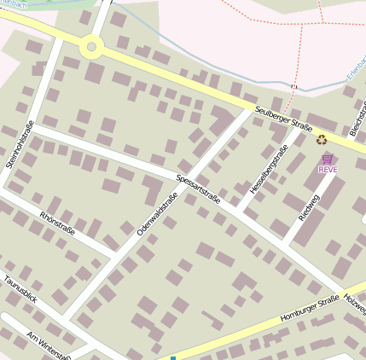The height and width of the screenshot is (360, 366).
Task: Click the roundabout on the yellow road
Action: (92, 47)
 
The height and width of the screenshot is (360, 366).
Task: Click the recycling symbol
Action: (322, 139)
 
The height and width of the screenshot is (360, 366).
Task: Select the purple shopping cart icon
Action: (328, 159)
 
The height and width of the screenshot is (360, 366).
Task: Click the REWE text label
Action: (328, 169)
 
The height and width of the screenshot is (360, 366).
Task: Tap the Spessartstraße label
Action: (198, 189)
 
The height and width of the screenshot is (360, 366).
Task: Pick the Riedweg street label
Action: (307, 206)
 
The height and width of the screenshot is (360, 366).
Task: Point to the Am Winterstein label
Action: (48, 345)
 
